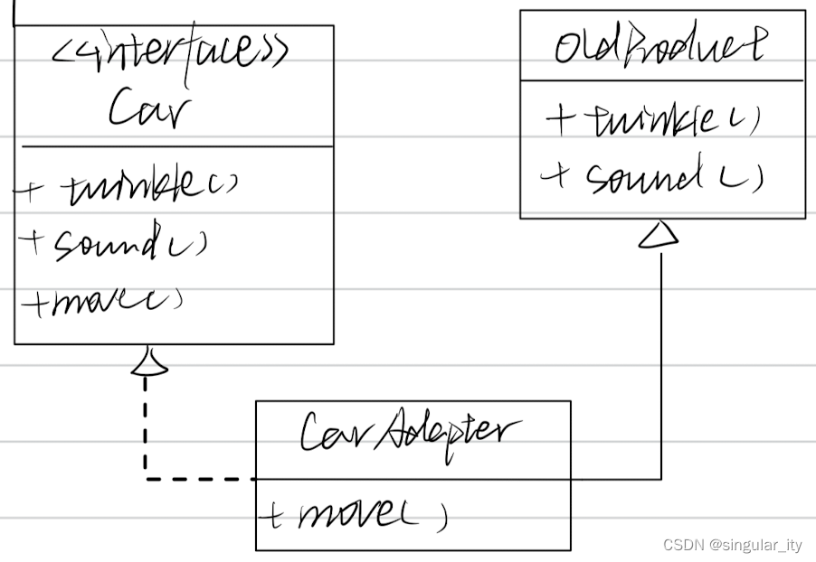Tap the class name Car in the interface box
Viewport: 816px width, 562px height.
click(x=150, y=111)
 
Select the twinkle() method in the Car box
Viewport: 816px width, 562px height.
click(x=149, y=187)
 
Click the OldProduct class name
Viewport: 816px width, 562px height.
click(x=659, y=45)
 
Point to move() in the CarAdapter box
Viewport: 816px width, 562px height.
click(x=371, y=515)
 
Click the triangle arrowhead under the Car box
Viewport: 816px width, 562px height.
click(x=148, y=361)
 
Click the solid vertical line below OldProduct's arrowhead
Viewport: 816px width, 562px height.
click(x=661, y=361)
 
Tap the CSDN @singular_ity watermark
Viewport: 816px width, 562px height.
click(x=733, y=545)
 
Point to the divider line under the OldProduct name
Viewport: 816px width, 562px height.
click(x=661, y=80)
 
